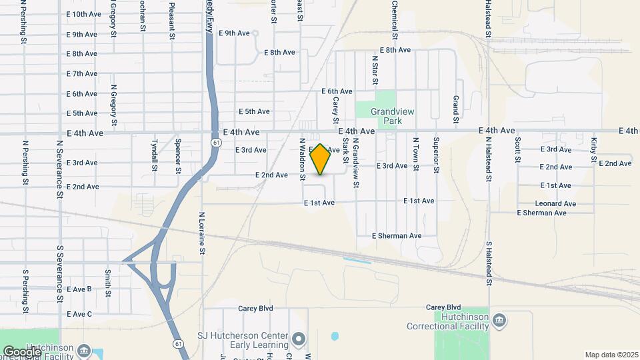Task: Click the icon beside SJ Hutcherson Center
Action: click(298, 339)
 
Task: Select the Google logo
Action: click(21, 351)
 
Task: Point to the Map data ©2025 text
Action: click(611, 355)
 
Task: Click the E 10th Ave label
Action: click(84, 14)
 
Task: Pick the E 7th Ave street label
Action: click(82, 73)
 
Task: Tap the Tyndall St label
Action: click(154, 155)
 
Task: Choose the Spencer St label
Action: click(178, 156)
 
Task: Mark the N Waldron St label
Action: click(302, 159)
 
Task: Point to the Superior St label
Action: click(435, 155)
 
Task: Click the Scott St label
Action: click(517, 150)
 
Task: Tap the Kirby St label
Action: click(593, 150)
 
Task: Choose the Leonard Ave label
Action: click(555, 203)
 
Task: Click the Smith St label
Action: click(108, 283)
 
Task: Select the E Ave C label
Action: click(79, 314)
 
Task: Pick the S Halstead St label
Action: click(489, 263)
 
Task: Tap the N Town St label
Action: click(415, 155)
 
